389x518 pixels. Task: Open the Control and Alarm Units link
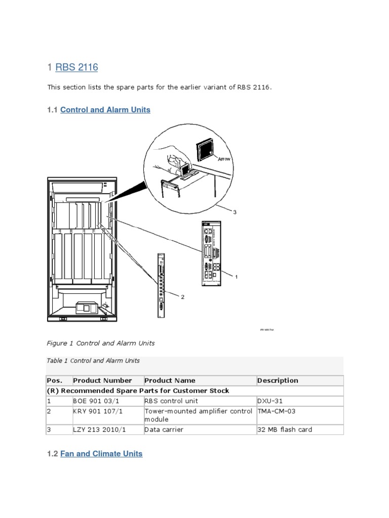pyautogui.click(x=105, y=109)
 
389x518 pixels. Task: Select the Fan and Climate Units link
pyautogui.click(x=101, y=454)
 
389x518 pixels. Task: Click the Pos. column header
pyautogui.click(x=55, y=380)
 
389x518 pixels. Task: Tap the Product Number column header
pyautogui.click(x=102, y=380)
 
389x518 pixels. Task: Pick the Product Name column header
pyautogui.click(x=170, y=380)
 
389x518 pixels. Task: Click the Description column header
pyautogui.click(x=278, y=380)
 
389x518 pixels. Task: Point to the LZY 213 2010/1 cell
pyautogui.click(x=100, y=429)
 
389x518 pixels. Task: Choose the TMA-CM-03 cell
pyautogui.click(x=277, y=411)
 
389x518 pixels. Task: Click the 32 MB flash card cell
pyautogui.click(x=285, y=429)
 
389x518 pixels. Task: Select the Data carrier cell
pyautogui.click(x=164, y=429)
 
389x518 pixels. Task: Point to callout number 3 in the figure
pyautogui.click(x=235, y=212)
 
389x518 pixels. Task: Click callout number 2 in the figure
pyautogui.click(x=182, y=297)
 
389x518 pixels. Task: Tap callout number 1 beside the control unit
pyautogui.click(x=236, y=277)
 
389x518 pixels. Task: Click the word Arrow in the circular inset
pyautogui.click(x=224, y=159)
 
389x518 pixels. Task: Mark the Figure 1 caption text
pyautogui.click(x=101, y=343)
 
